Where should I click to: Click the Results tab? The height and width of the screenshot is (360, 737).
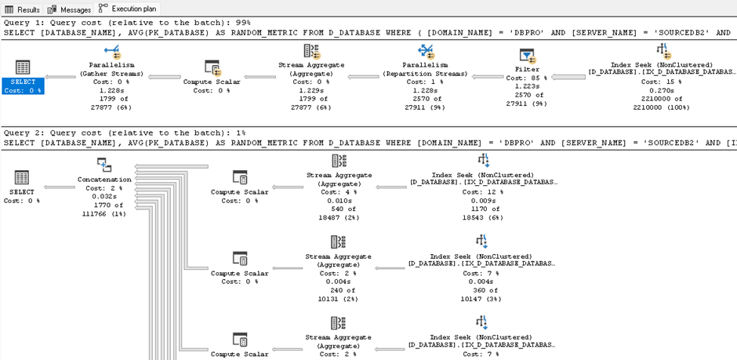coord(22,9)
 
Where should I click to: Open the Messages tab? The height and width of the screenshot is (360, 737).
coord(69,9)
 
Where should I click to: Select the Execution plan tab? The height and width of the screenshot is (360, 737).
coord(127,9)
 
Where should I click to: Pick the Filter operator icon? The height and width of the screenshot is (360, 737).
coord(526,56)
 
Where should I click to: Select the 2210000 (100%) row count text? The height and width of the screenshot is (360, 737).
coord(662,107)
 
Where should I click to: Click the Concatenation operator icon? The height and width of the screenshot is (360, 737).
coord(105,165)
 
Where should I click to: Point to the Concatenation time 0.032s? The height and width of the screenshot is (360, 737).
coord(105,196)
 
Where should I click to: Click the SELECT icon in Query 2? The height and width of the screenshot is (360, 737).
coord(22,178)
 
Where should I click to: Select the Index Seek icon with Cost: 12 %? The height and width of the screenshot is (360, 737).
coord(483,162)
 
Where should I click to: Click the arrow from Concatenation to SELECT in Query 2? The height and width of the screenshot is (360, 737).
coord(60,187)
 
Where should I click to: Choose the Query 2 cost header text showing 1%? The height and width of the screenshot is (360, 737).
coord(125,133)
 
